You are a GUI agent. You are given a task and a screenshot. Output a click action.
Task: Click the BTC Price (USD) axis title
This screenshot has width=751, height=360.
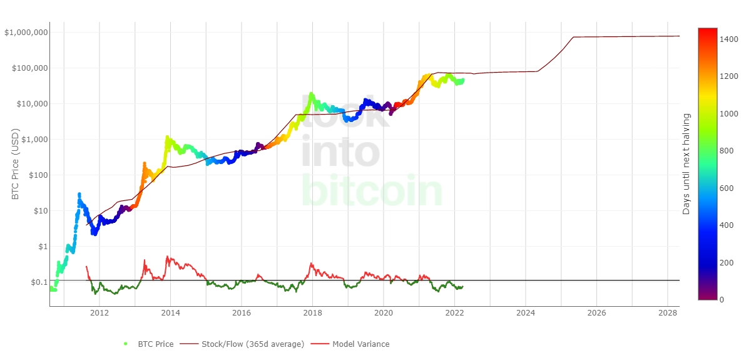pyautogui.click(x=16, y=164)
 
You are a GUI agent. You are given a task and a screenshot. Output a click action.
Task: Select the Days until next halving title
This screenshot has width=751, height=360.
pyautogui.click(x=687, y=164)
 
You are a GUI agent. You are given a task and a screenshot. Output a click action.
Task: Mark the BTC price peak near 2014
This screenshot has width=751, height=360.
pyautogui.click(x=167, y=136)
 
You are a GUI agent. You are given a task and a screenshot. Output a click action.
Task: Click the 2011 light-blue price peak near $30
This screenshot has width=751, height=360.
pyautogui.click(x=79, y=194)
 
